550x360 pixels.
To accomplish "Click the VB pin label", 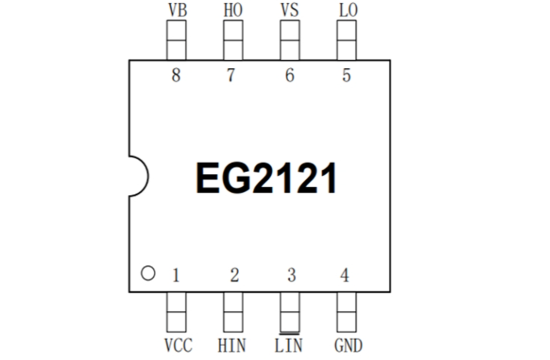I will tap(178, 10).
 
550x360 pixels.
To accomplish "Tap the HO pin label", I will tap(233, 10).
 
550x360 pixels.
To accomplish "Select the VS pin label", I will tap(290, 10).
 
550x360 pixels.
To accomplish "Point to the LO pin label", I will tap(347, 10).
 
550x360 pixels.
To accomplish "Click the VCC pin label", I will tap(177, 346).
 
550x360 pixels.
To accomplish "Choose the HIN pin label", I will tap(232, 346).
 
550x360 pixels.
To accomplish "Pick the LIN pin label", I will tap(289, 346).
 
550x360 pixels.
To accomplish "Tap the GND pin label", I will tap(347, 346).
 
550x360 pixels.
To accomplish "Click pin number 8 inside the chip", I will tap(176, 75).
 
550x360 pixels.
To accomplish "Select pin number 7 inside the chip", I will tap(231, 75).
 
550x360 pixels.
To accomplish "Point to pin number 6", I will tap(290, 75).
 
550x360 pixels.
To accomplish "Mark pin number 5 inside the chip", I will tap(346, 75).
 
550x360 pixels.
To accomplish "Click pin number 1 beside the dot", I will tap(176, 276).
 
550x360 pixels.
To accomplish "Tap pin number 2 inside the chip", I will tap(234, 276).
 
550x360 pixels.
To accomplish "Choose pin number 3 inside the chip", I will tap(291, 276).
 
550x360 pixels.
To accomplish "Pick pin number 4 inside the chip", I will tap(344, 276).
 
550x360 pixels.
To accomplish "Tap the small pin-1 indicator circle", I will tap(148, 273).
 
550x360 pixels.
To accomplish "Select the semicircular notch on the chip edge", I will tap(137, 176).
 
